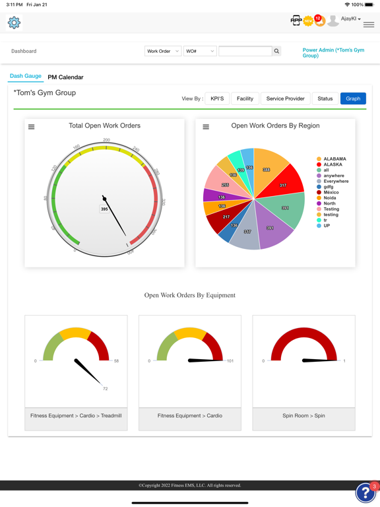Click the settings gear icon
pyautogui.click(x=14, y=22)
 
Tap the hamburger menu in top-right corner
pyautogui.click(x=369, y=24)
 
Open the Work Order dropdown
pyautogui.click(x=163, y=51)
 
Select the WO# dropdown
pyautogui.click(x=200, y=51)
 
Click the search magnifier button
pyautogui.click(x=276, y=51)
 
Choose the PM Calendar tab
pyautogui.click(x=65, y=77)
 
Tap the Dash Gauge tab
pyautogui.click(x=26, y=77)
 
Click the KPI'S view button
pyautogui.click(x=217, y=98)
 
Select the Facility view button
pyautogui.click(x=245, y=98)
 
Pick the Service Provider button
pyautogui.click(x=285, y=98)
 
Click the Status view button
pyautogui.click(x=325, y=98)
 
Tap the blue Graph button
pyautogui.click(x=353, y=98)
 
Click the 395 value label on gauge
pyautogui.click(x=104, y=209)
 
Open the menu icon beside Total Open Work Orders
pyautogui.click(x=32, y=127)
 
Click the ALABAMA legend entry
pyautogui.click(x=334, y=159)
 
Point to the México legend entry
pyautogui.click(x=332, y=193)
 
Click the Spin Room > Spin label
pyautogui.click(x=303, y=416)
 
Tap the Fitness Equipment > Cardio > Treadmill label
pyautogui.click(x=76, y=416)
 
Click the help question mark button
pyautogui.click(x=365, y=492)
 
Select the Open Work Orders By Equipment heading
pyautogui.click(x=190, y=295)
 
